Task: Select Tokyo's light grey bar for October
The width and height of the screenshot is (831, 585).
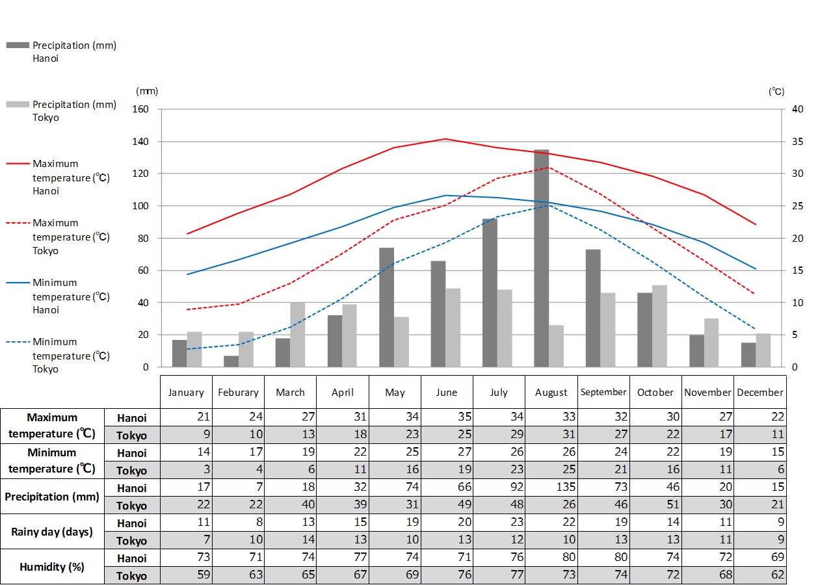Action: [659, 326]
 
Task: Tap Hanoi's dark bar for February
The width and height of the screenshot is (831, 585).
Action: [231, 361]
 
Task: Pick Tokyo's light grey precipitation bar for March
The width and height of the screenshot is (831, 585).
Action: [297, 335]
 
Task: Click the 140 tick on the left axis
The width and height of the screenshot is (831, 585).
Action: [140, 142]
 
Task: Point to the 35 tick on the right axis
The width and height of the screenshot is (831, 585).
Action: [798, 142]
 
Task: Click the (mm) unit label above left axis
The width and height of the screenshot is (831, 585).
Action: [147, 92]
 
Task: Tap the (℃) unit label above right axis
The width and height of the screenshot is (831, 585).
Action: [776, 92]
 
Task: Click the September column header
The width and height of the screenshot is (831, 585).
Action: [603, 392]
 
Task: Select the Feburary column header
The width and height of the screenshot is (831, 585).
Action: [238, 392]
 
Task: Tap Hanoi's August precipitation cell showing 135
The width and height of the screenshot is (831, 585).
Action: [551, 488]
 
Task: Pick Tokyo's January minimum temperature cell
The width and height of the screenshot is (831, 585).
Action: [187, 471]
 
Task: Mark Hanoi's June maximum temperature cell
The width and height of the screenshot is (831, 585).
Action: [446, 417]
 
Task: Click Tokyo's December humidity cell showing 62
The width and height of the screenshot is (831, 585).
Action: [759, 575]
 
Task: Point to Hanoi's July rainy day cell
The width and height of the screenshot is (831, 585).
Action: [499, 523]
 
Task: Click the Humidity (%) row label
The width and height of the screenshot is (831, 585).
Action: [52, 567]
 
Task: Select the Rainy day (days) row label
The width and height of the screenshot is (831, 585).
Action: [52, 532]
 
